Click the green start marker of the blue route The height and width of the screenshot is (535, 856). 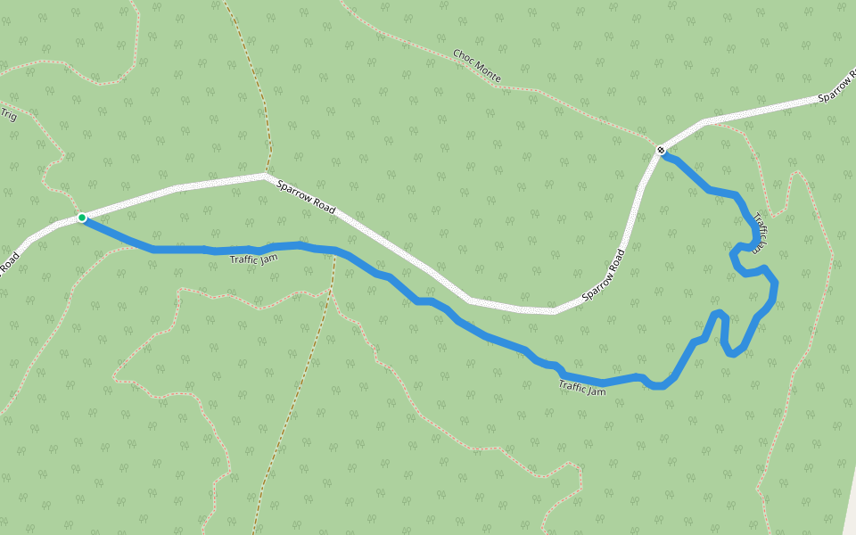coord(82,218)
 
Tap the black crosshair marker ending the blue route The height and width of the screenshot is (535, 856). coord(661,150)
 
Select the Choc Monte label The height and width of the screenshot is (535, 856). coord(476,67)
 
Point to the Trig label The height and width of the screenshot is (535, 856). coord(9,115)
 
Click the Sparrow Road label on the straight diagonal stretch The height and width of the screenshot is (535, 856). coord(306,197)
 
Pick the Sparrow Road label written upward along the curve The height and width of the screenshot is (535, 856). coord(604,274)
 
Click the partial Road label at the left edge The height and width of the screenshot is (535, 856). coord(9,263)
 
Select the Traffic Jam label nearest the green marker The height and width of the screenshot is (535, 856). coord(254,259)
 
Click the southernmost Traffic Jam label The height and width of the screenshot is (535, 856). coord(582,388)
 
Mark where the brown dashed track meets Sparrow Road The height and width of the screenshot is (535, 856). coord(266,175)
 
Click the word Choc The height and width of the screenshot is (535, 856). coord(462,57)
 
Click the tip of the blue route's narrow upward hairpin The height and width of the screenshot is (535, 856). coord(720,313)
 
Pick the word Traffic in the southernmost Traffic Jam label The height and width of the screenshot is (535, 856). coord(573,386)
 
